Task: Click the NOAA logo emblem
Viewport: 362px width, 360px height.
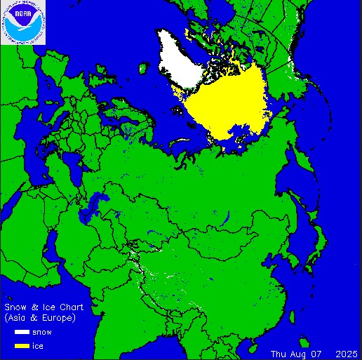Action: click(23, 22)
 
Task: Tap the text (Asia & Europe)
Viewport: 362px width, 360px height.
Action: click(40, 318)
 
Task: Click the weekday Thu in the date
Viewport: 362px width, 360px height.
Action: click(279, 352)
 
